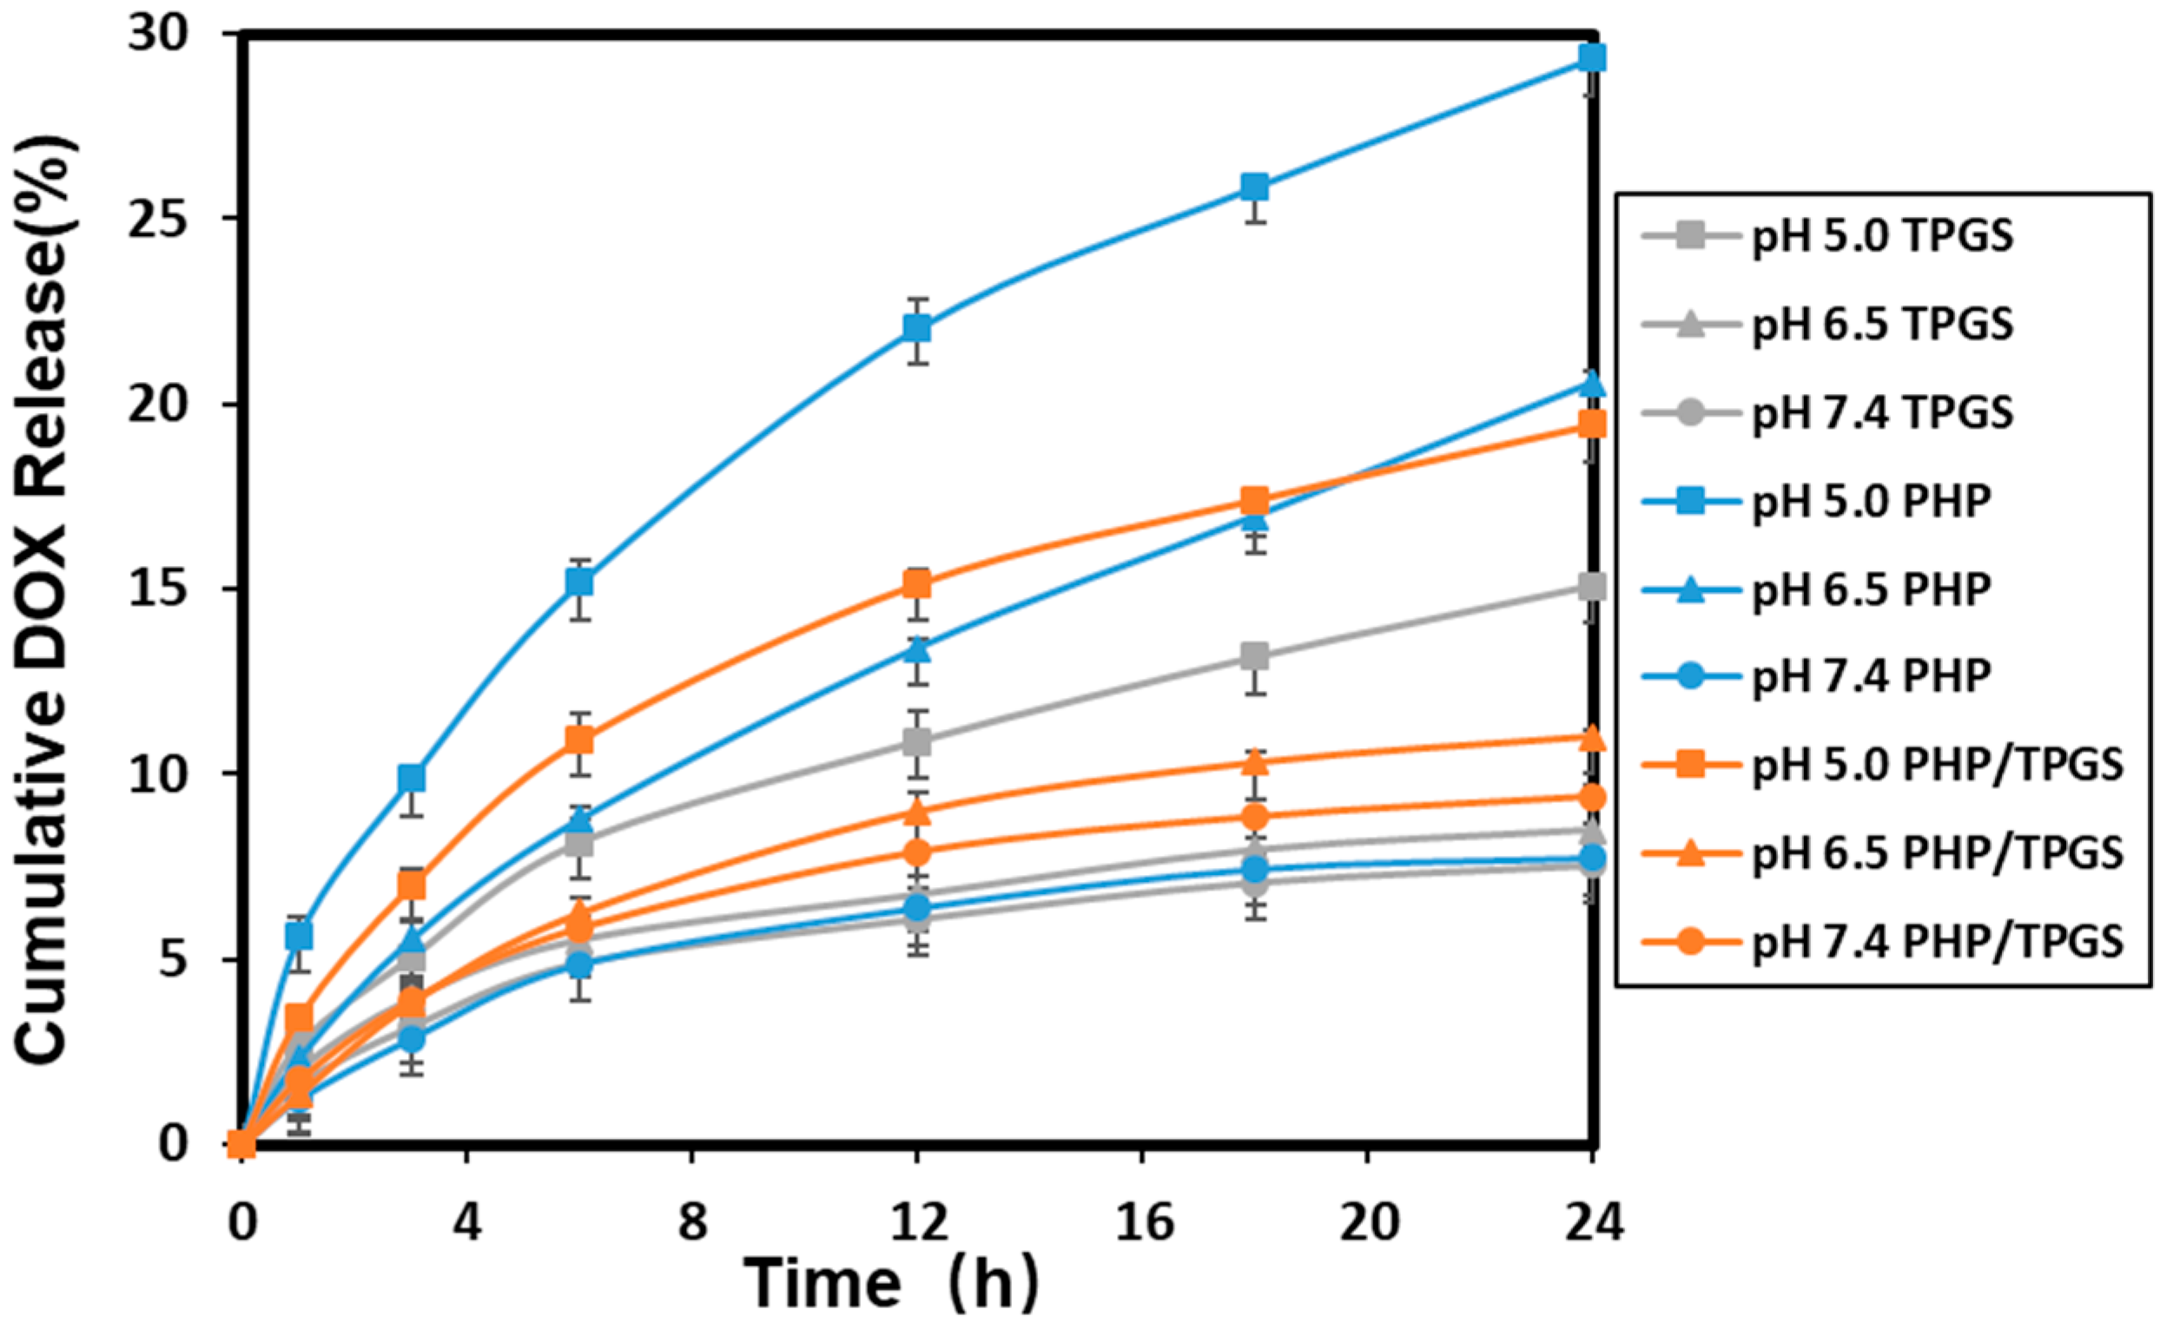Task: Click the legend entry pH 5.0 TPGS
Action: click(1882, 237)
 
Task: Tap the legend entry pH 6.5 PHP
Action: click(1872, 589)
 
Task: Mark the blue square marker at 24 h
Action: click(1593, 58)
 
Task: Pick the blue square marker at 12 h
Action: click(917, 328)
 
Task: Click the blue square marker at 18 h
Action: click(1255, 187)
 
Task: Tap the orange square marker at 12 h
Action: click(917, 583)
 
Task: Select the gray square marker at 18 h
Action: click(1255, 655)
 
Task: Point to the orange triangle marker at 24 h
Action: click(1593, 740)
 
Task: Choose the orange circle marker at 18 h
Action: click(1255, 817)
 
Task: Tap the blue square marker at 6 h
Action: click(578, 582)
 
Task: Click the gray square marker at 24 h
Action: click(1593, 586)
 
